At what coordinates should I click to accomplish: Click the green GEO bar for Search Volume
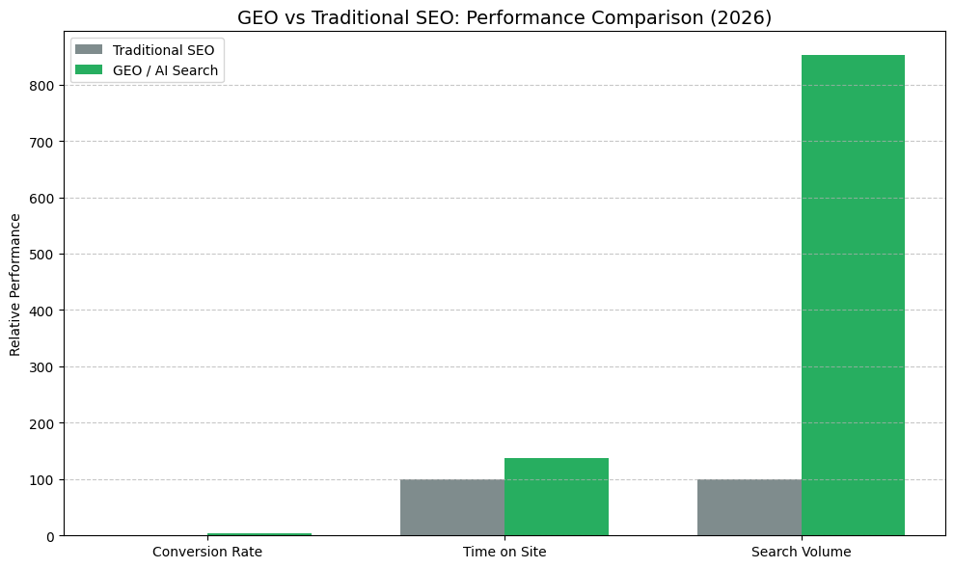(853, 295)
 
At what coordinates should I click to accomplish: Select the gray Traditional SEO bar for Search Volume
(749, 507)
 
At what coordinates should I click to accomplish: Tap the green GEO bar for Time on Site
(556, 497)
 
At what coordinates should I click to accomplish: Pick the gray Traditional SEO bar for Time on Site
(451, 507)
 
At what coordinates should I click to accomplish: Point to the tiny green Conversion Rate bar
(259, 534)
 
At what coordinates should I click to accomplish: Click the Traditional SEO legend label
(163, 50)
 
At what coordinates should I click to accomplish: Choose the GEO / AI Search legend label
(165, 70)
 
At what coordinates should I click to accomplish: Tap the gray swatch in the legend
(89, 50)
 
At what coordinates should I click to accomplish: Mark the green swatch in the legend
(89, 70)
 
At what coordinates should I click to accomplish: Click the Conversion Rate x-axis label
(206, 552)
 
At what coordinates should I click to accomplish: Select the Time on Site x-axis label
(504, 552)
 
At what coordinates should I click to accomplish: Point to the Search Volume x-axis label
(801, 552)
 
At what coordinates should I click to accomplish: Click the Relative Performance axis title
(15, 284)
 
